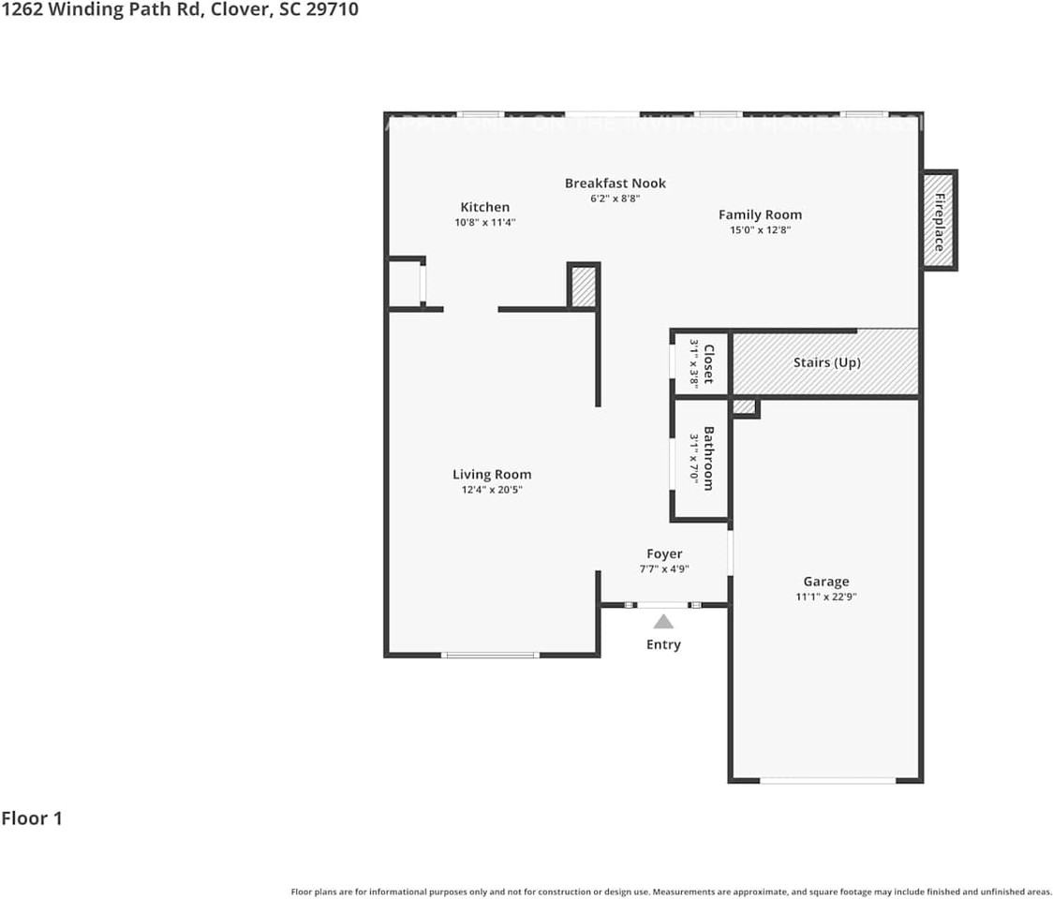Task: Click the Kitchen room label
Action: coord(484,207)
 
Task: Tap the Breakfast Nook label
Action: coord(615,183)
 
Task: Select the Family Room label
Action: coord(760,214)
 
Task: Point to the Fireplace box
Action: coord(939,221)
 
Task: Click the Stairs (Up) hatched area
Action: coord(824,362)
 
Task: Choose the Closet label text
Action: coord(709,363)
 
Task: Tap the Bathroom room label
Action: coord(709,458)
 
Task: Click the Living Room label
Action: coord(492,474)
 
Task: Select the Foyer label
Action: coord(664,553)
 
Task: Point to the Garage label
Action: coord(825,581)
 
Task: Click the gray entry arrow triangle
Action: coord(663,622)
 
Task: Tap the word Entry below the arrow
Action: coord(663,644)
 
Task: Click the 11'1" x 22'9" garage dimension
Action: coord(825,596)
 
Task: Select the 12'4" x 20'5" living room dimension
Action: coord(492,489)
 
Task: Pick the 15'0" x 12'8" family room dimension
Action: coord(760,229)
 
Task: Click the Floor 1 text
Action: coord(32,818)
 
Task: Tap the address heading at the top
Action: coord(179,10)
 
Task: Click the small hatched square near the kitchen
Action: coord(583,287)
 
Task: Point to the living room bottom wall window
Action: coord(490,655)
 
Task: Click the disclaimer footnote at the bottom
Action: coord(671,892)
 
